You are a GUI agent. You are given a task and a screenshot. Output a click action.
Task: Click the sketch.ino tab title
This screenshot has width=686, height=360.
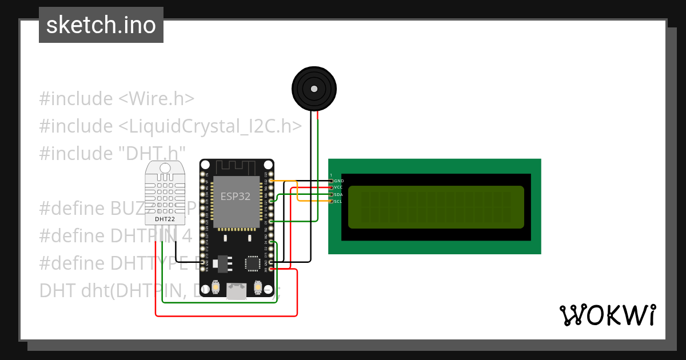tap(101, 25)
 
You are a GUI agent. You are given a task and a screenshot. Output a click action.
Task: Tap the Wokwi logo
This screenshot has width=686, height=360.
tap(607, 315)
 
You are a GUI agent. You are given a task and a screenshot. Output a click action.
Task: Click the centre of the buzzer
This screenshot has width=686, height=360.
tap(314, 89)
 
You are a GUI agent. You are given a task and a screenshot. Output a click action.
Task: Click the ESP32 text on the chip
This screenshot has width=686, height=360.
tap(236, 197)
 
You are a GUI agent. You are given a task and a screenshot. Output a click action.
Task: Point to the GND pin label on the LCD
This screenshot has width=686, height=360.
tap(339, 181)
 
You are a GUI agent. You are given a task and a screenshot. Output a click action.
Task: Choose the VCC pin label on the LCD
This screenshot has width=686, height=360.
tap(338, 187)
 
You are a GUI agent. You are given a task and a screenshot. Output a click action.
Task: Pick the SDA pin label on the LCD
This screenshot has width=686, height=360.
tap(338, 194)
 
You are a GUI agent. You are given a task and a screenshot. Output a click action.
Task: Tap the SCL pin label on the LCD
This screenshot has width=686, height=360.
tap(338, 201)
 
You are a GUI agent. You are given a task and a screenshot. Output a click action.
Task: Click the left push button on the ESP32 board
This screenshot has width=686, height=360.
tap(216, 287)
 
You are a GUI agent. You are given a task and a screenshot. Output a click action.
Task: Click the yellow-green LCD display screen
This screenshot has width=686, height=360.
tap(436, 207)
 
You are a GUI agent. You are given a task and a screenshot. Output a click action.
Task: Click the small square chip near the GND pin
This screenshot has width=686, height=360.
tap(252, 263)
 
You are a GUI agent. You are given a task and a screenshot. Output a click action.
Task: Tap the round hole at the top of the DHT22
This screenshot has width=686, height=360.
tap(165, 168)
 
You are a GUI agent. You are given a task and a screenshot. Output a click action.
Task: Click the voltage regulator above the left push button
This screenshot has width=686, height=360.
tap(222, 263)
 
